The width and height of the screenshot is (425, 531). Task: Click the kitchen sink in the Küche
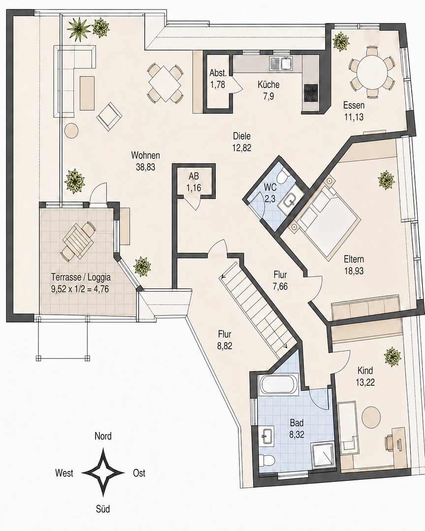click(282, 63)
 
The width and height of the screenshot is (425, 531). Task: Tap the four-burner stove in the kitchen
click(311, 92)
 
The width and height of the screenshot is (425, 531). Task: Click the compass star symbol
click(103, 472)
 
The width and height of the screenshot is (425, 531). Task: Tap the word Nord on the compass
click(103, 436)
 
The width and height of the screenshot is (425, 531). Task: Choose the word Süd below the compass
click(103, 509)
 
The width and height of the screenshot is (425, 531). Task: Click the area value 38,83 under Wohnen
click(145, 167)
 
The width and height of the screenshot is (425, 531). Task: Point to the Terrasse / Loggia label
click(81, 277)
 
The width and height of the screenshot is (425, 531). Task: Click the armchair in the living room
click(109, 116)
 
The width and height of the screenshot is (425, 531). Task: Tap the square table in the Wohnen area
click(165, 83)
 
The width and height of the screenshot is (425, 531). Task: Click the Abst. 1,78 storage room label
click(217, 79)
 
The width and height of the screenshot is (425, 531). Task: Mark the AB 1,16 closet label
click(194, 182)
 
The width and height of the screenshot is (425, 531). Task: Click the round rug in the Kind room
click(370, 417)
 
